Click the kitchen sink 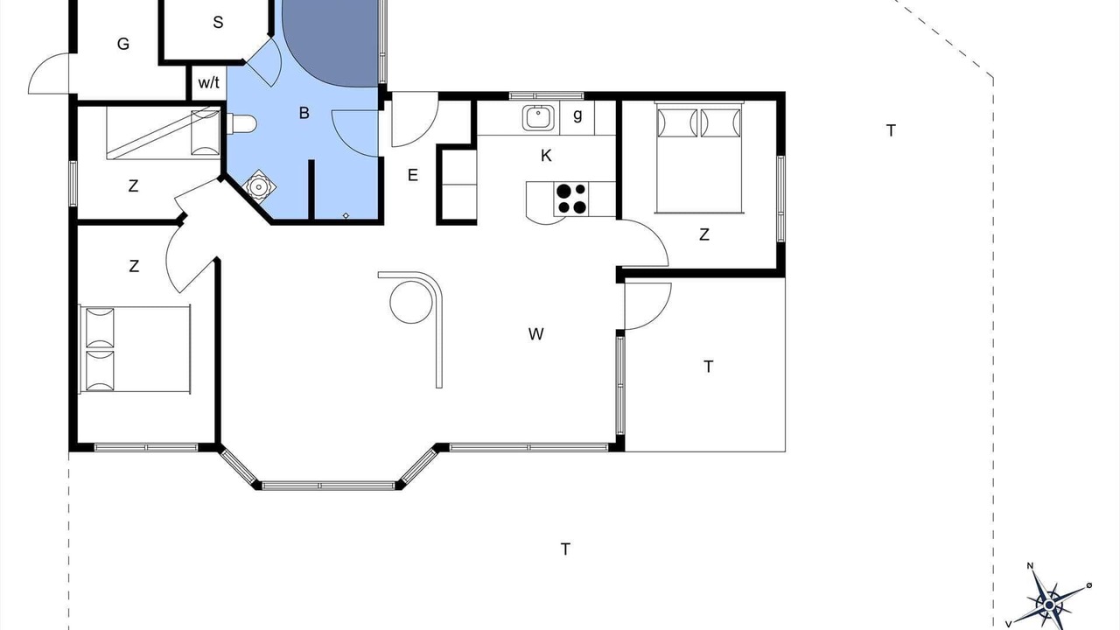pyautogui.click(x=538, y=118)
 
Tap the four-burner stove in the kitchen pyautogui.click(x=571, y=199)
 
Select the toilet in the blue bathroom pyautogui.click(x=241, y=124)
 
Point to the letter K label pyautogui.click(x=546, y=156)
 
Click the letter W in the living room pyautogui.click(x=536, y=334)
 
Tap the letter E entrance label pyautogui.click(x=412, y=175)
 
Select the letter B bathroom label pyautogui.click(x=304, y=113)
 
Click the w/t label pyautogui.click(x=208, y=83)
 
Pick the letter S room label pyautogui.click(x=218, y=22)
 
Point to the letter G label pyautogui.click(x=123, y=44)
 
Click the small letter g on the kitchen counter pyautogui.click(x=577, y=115)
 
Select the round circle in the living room pyautogui.click(x=411, y=302)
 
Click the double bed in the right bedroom pyautogui.click(x=699, y=157)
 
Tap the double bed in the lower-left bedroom pyautogui.click(x=135, y=348)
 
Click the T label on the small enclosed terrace pyautogui.click(x=708, y=367)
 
